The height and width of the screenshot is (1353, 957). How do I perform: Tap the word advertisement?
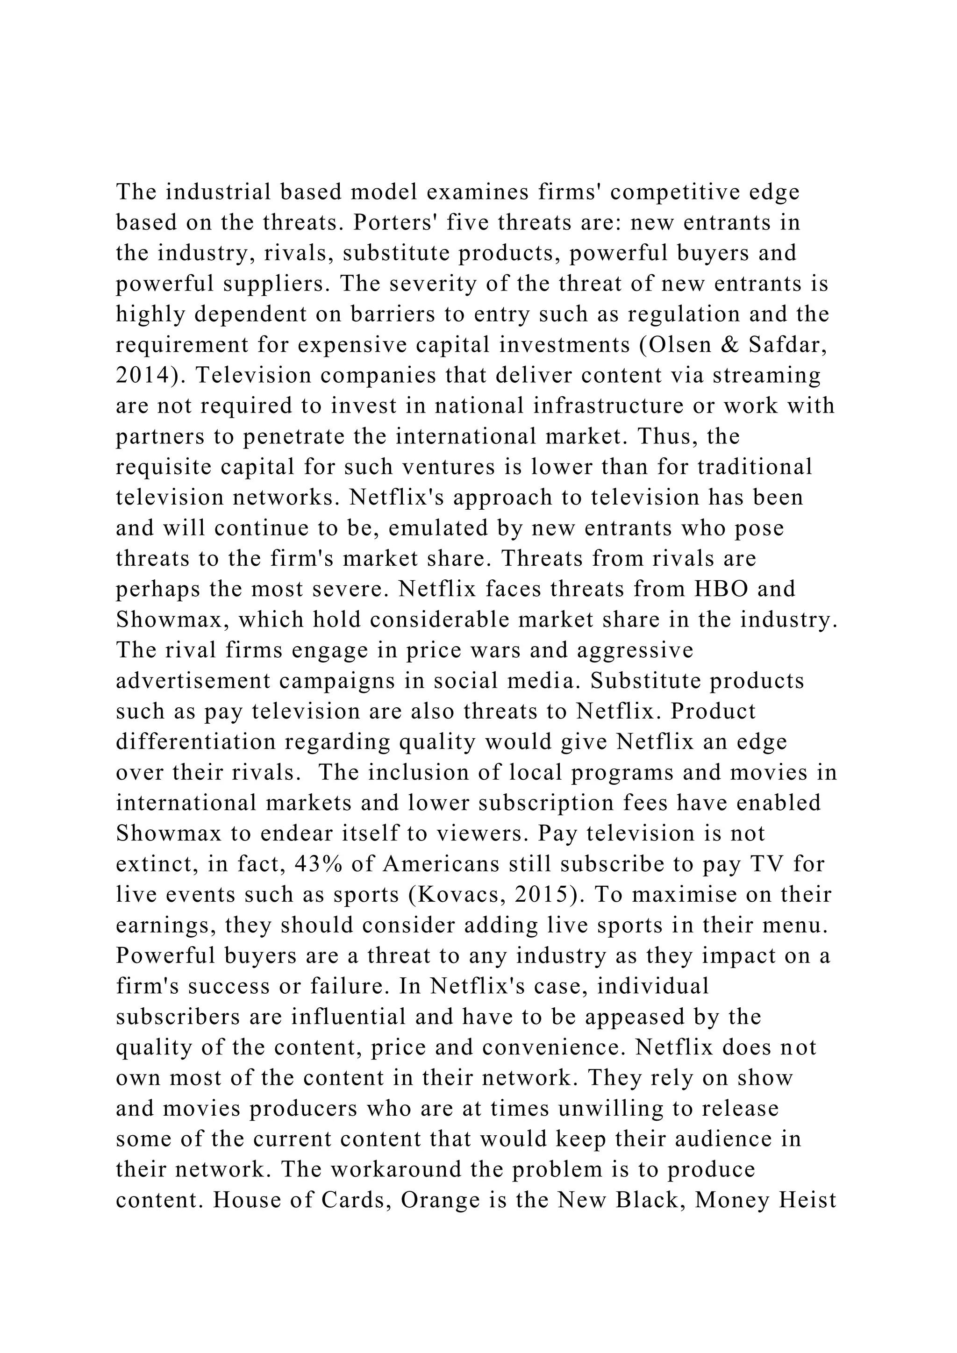193,681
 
